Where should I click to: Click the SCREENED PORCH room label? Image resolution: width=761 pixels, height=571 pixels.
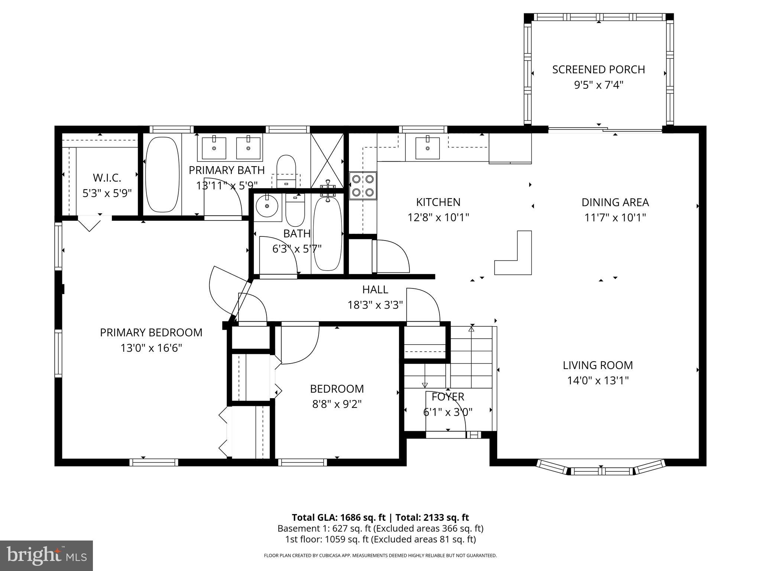click(x=598, y=70)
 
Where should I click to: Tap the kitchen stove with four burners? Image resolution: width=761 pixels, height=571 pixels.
click(x=363, y=186)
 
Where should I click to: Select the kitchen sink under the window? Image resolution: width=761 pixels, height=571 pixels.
click(x=427, y=148)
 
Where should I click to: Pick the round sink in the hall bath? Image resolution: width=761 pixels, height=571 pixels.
click(x=266, y=206)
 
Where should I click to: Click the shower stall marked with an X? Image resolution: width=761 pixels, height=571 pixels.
click(x=327, y=160)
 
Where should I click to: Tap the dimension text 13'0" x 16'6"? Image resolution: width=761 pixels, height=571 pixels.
click(x=151, y=348)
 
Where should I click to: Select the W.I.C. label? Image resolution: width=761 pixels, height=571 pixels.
click(x=107, y=178)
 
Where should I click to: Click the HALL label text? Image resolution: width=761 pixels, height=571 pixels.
click(x=375, y=289)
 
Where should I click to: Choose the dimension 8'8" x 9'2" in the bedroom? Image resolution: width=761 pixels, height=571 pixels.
click(x=337, y=404)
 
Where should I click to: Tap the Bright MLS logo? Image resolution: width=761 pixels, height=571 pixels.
click(x=46, y=556)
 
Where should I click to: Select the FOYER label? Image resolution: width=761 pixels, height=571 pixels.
click(x=448, y=397)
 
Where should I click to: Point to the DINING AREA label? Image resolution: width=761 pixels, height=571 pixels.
click(x=615, y=202)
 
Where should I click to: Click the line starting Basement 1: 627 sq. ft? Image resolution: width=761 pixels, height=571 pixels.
click(x=380, y=528)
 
